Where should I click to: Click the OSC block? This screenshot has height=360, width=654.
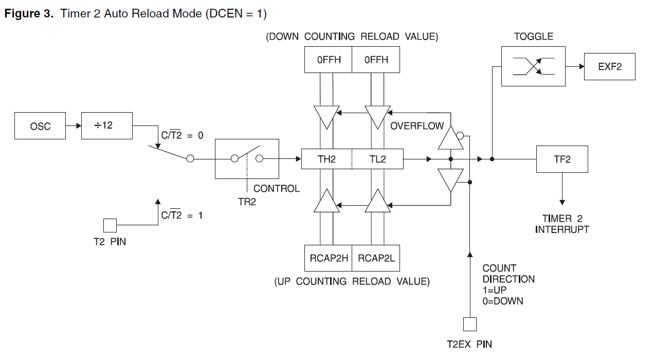tap(40, 125)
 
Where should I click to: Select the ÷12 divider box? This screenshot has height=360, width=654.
tap(107, 125)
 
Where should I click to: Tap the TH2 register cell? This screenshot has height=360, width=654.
tap(326, 159)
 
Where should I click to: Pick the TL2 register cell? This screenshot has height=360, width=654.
tap(378, 159)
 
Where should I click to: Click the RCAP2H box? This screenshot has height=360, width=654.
tap(329, 258)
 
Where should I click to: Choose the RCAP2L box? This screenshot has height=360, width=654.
tap(376, 258)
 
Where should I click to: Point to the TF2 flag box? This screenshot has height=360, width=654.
tap(562, 159)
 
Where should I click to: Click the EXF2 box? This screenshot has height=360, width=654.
tap(610, 66)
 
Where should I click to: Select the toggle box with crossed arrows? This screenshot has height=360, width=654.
tap(533, 66)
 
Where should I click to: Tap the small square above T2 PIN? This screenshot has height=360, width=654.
tap(110, 225)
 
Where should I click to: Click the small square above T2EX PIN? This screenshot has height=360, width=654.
tap(470, 324)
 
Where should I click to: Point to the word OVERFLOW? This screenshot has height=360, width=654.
tap(417, 126)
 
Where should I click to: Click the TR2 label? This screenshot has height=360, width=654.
tap(247, 202)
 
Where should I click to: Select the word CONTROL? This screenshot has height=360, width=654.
tap(277, 189)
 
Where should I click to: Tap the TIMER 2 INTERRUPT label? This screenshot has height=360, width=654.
tap(562, 224)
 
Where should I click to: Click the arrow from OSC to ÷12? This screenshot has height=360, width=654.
tap(74, 126)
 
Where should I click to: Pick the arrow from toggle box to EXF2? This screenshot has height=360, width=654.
tap(575, 66)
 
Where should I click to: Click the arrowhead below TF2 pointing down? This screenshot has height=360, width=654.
tap(562, 202)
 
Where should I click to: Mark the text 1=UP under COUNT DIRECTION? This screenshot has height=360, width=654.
tap(495, 290)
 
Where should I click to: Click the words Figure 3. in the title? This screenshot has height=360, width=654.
tap(29, 14)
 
